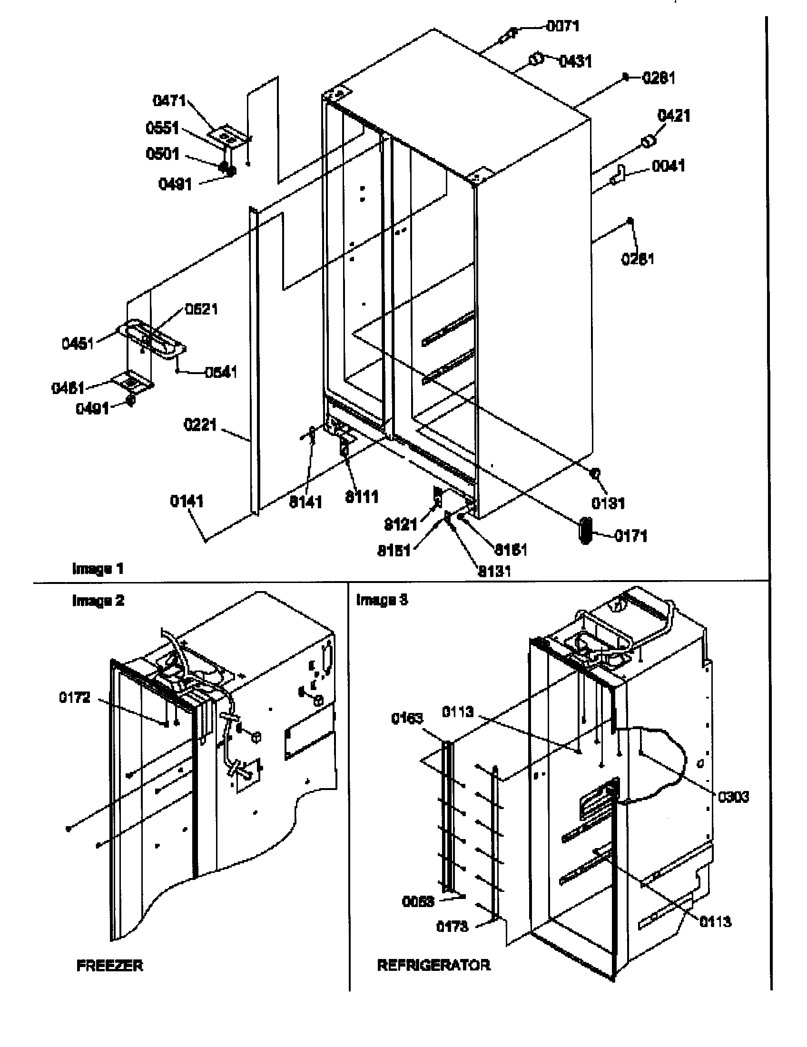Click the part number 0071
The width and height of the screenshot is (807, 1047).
[x=562, y=26]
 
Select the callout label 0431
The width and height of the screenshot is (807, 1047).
[x=575, y=61]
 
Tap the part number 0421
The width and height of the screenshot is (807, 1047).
[x=673, y=116]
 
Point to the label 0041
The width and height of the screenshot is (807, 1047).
[x=668, y=166]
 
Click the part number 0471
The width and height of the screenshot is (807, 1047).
[x=169, y=101]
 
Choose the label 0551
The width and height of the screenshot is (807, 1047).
[x=162, y=128]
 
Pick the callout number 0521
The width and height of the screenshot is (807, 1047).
[x=201, y=309]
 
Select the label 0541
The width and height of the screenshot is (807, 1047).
[x=220, y=372]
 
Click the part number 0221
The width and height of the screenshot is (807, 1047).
[x=200, y=425]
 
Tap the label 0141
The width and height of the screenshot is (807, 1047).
[x=187, y=502]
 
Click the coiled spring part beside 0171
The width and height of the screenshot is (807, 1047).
[x=586, y=531]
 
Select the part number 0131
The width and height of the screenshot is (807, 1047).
[x=608, y=504]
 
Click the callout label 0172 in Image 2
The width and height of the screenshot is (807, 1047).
[x=74, y=698]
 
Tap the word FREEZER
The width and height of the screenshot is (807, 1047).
[x=109, y=966]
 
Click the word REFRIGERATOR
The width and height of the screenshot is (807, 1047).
[x=433, y=965]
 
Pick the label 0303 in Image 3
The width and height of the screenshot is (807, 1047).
[x=733, y=797]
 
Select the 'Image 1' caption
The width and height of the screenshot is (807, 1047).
[x=98, y=569]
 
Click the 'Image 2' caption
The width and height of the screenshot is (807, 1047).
[x=98, y=601]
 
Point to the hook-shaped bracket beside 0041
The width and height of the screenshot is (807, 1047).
[x=618, y=175]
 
